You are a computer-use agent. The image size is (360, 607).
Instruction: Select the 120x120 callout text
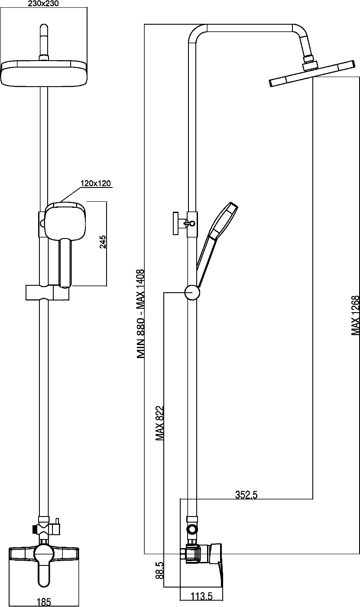[x=95, y=184]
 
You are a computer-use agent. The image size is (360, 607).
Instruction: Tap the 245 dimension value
[x=103, y=242]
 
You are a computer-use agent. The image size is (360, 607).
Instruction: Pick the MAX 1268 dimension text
[x=355, y=315]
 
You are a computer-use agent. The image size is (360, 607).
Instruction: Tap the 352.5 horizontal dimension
[x=246, y=495]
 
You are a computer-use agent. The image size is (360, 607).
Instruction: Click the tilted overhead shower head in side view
[x=312, y=74]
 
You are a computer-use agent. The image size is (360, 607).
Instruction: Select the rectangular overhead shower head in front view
[x=45, y=73]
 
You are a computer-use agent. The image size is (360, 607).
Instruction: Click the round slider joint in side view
[x=192, y=293]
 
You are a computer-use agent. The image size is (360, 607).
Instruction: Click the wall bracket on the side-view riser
[x=185, y=223]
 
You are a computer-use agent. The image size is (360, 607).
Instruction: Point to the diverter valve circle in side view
[x=192, y=529]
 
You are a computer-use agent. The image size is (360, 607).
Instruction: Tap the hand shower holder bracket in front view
[x=48, y=292]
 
